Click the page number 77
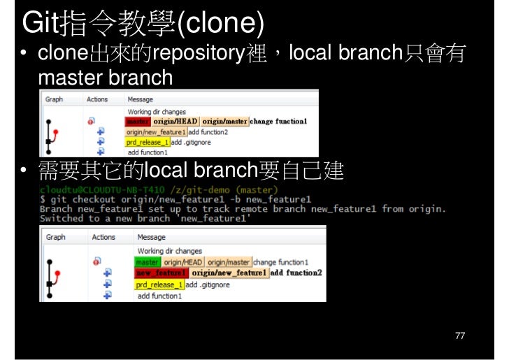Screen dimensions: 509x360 coord(459,336)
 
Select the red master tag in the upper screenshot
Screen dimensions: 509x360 coord(138,121)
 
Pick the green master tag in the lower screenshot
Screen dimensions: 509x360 coord(147,262)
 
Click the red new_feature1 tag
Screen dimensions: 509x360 coord(161,273)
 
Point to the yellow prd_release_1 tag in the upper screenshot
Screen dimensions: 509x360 coord(148,142)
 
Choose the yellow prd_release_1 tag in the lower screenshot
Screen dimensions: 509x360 coord(159,285)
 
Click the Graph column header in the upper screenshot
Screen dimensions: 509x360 coord(54,99)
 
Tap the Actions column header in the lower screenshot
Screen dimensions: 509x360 coord(103,237)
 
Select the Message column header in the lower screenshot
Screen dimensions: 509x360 coord(151,237)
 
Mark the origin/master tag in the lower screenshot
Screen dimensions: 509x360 coord(229,262)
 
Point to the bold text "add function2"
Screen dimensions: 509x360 coord(296,273)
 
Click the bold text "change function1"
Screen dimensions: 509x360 coord(278,121)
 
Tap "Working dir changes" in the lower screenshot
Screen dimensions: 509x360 coord(169,251)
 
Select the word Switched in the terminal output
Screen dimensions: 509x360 coord(62,218)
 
